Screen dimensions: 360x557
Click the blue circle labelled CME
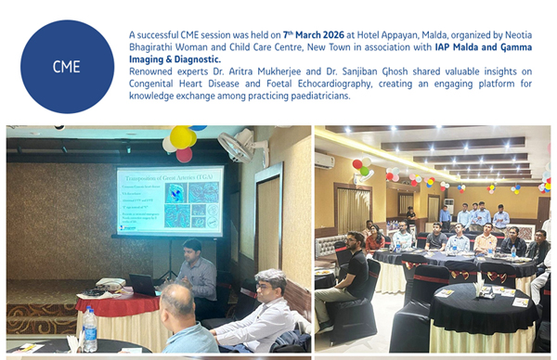point(67,67)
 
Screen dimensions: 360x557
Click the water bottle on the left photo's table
point(90,329)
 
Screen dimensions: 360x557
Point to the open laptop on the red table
point(141,284)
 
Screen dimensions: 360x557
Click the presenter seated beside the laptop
point(196,270)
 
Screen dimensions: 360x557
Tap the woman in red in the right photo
point(374,239)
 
